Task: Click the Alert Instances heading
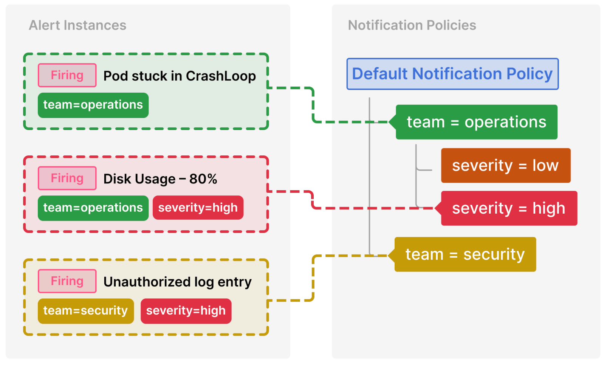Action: [77, 25]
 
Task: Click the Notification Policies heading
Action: [412, 25]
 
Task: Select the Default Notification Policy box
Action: [452, 74]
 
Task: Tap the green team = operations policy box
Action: [476, 122]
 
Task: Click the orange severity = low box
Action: [505, 166]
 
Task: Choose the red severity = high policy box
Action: [509, 208]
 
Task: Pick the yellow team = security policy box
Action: [465, 254]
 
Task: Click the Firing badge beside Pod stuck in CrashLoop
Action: [67, 75]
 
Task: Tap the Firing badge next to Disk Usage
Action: [67, 178]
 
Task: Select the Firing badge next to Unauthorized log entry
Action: [67, 281]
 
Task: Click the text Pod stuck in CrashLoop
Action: [180, 76]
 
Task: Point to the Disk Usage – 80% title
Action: [160, 179]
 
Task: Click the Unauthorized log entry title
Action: [177, 282]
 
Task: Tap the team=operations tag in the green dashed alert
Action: [93, 105]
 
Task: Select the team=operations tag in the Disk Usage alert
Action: [93, 208]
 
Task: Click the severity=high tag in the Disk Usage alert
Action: [198, 208]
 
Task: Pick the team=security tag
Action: [85, 311]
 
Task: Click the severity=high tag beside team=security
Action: [186, 311]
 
